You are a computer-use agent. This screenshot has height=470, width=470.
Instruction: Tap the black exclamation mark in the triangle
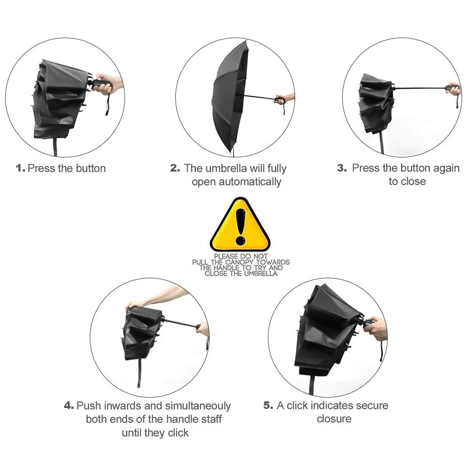point(240,227)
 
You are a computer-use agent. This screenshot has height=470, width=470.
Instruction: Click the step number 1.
point(20,168)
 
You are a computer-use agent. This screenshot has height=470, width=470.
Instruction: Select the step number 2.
point(175,168)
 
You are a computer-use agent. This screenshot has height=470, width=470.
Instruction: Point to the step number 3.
point(342,168)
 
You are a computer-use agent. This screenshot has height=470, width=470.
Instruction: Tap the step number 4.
point(69,406)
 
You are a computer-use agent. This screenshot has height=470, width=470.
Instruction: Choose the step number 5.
point(268,405)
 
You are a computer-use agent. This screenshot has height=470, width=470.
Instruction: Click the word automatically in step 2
point(250,182)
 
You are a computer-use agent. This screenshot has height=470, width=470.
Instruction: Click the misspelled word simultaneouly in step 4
point(198,406)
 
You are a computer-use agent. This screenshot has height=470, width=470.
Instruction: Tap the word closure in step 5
point(334,419)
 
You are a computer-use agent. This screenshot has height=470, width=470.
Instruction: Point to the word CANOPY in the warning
point(240,262)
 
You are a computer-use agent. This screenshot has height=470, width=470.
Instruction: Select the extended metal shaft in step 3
point(420,88)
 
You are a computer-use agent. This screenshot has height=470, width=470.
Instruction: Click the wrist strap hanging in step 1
point(107,103)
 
